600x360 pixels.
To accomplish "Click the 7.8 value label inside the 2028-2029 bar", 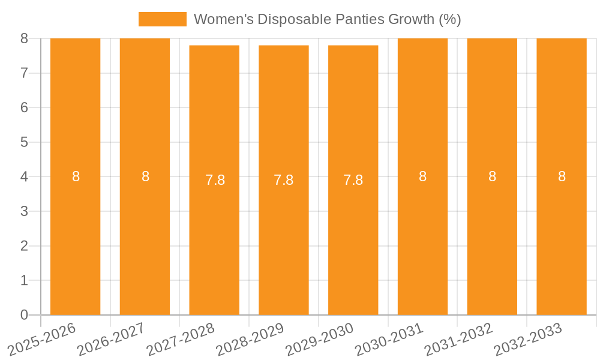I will (x=284, y=180).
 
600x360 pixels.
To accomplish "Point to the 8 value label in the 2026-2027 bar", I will (x=145, y=176).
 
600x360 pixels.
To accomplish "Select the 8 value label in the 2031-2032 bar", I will (x=492, y=176).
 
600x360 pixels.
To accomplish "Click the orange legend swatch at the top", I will (x=163, y=19).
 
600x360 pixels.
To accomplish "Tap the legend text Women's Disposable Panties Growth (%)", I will (x=327, y=19).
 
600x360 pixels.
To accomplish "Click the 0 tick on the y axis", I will (x=24, y=315).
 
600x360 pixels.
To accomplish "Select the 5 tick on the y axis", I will (x=24, y=142).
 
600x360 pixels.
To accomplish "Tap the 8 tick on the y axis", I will (x=24, y=38).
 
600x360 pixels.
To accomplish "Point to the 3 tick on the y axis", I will (x=24, y=211).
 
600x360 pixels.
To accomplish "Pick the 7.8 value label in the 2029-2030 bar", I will (x=353, y=180).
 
